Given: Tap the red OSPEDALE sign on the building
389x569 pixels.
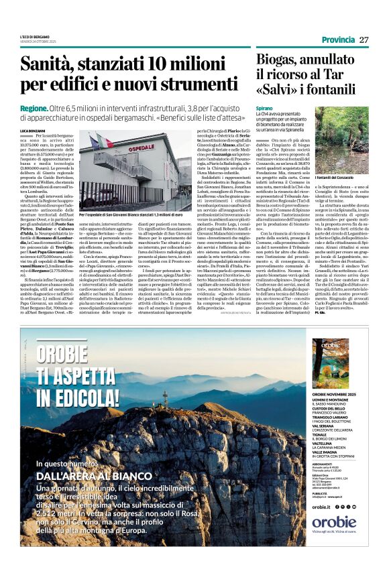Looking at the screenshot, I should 140,149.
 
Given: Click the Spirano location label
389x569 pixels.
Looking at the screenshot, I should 264,107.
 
